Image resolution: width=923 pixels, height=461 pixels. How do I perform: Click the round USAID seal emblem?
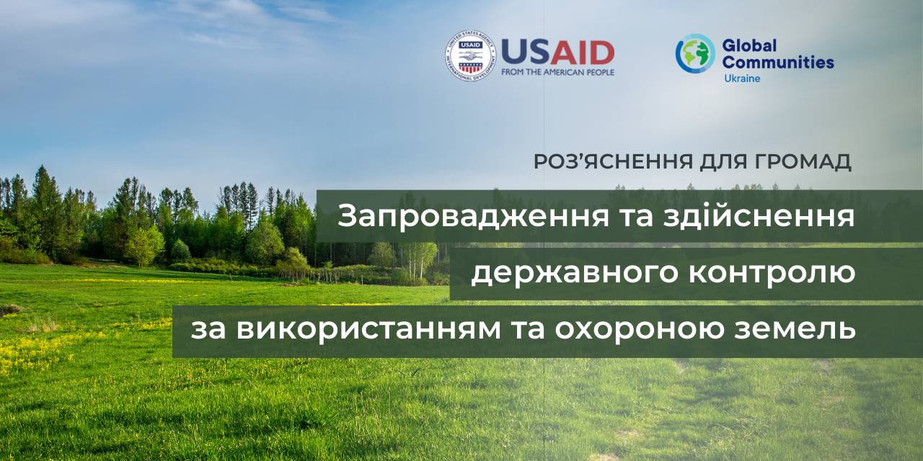click(471, 55)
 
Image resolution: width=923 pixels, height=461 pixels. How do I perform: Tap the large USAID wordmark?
click(558, 53)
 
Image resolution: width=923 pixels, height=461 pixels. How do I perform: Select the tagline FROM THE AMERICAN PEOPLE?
click(558, 72)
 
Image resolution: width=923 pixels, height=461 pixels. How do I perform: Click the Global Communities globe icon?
click(695, 53)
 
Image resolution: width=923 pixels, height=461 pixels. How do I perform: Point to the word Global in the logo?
click(749, 45)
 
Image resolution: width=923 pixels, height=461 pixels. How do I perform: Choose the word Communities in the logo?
click(778, 63)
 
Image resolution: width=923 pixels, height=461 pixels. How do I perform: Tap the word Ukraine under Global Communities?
click(742, 79)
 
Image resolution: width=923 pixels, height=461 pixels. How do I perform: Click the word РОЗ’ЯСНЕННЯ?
click(613, 161)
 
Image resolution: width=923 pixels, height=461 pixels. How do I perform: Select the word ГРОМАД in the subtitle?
click(803, 161)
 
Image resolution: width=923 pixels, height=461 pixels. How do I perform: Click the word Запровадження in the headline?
click(473, 217)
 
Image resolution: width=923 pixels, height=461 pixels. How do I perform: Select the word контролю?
click(772, 272)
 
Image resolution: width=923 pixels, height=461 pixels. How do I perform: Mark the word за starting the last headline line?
click(208, 330)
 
